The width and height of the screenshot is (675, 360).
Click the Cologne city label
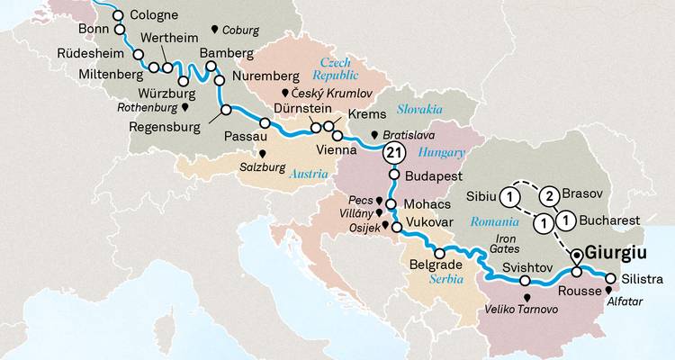pyautogui.click(x=154, y=15)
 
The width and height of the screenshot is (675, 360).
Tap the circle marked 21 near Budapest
pyautogui.click(x=393, y=153)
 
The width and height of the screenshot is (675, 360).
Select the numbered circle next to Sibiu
pyautogui.click(x=510, y=197)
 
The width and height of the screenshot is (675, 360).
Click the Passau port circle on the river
pyautogui.click(x=265, y=123)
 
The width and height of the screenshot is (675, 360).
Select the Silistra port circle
pyautogui.click(x=611, y=278)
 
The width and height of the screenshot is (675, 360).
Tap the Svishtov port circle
pyautogui.click(x=525, y=281)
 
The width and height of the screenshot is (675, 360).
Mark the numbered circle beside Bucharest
pyautogui.click(x=566, y=220)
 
